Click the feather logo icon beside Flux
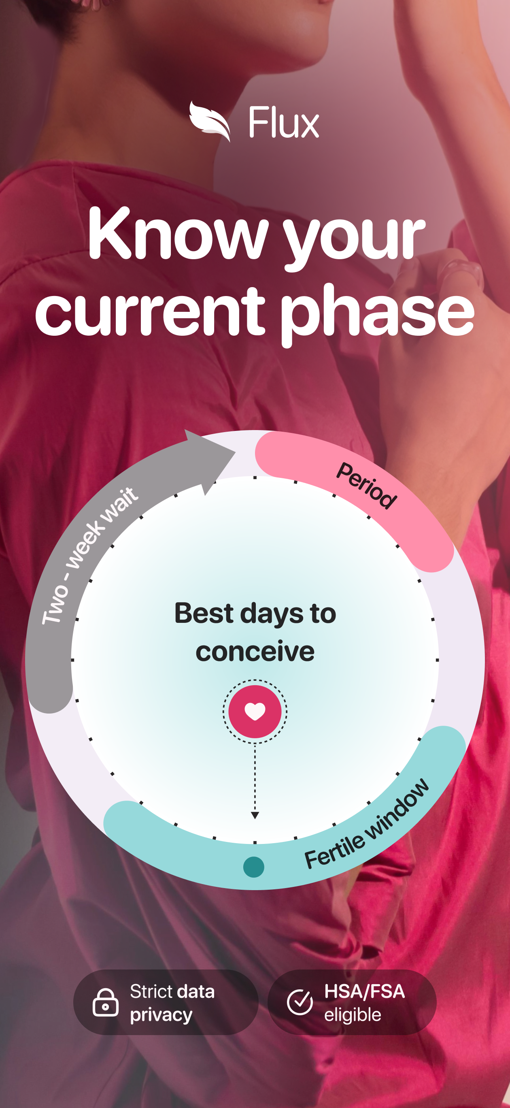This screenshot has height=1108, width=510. (x=210, y=122)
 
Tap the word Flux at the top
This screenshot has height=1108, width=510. (x=284, y=123)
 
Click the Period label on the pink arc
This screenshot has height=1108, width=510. (x=366, y=486)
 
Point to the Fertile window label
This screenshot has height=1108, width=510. (x=367, y=824)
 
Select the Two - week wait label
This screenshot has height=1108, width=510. (x=89, y=555)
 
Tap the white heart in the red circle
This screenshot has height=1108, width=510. (x=255, y=712)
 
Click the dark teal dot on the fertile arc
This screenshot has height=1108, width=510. (x=254, y=867)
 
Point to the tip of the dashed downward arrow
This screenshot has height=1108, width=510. (x=255, y=818)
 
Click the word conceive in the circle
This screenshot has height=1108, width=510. (x=255, y=651)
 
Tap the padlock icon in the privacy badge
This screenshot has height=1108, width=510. (x=105, y=1002)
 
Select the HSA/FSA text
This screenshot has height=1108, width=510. (x=365, y=991)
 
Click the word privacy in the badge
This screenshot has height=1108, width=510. (x=161, y=1015)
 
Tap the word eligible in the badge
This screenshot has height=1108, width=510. (x=353, y=1015)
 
